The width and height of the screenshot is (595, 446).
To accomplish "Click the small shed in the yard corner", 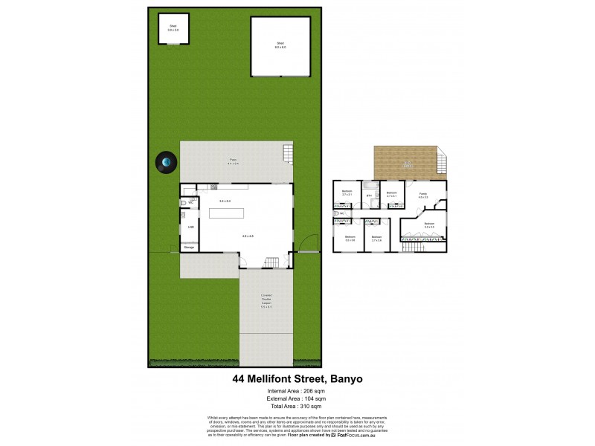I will click(173, 30).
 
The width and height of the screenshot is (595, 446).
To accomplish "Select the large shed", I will click(280, 46).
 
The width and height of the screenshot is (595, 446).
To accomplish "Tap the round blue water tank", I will click(166, 163).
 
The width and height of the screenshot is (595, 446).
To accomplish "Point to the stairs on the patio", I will click(288, 154).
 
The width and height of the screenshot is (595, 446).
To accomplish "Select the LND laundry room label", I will click(190, 227).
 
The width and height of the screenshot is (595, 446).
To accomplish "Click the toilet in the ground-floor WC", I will click(184, 202).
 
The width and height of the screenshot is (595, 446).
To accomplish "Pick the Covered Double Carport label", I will click(266, 300).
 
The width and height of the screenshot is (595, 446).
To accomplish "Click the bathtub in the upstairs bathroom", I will click(370, 186).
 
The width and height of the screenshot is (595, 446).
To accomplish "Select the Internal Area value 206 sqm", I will click(307, 391).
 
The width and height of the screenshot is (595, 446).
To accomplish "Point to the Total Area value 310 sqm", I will click(307, 407).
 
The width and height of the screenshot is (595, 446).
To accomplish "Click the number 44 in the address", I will click(239, 378).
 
